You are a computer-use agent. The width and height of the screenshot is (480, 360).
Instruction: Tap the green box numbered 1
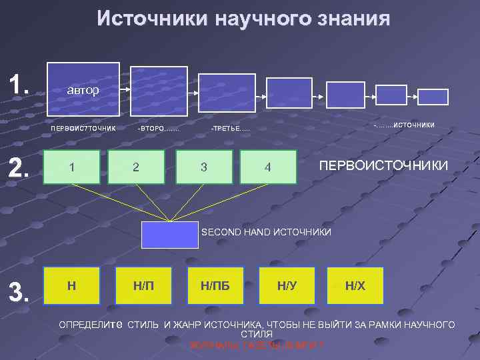tap(71, 166)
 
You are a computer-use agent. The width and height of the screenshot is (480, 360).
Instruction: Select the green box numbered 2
tap(136, 166)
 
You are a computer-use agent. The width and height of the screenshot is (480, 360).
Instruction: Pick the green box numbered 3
tap(204, 166)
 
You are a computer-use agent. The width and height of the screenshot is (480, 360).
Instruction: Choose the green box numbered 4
tap(268, 167)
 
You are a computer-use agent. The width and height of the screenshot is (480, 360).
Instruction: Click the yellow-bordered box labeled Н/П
tap(143, 285)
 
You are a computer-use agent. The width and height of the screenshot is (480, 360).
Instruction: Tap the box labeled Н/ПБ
tap(215, 285)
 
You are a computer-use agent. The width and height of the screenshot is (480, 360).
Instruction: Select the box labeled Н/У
tap(287, 285)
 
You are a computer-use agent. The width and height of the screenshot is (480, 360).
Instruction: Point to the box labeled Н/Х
tap(355, 285)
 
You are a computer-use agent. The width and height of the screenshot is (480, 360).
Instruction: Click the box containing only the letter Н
tap(71, 285)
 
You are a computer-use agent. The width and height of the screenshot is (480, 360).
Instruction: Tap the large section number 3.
tap(19, 290)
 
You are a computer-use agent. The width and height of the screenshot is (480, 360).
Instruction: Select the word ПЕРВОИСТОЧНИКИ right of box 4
tap(383, 165)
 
